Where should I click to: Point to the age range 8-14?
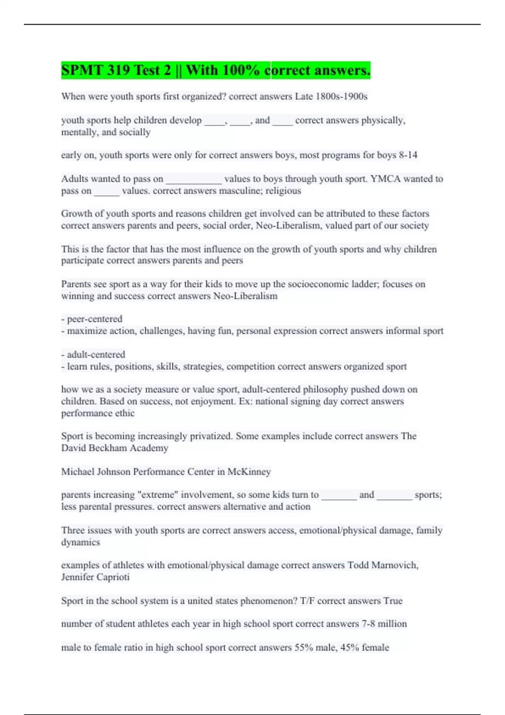(x=408, y=155)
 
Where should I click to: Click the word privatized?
(x=211, y=436)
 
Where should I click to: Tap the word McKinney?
(x=249, y=472)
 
